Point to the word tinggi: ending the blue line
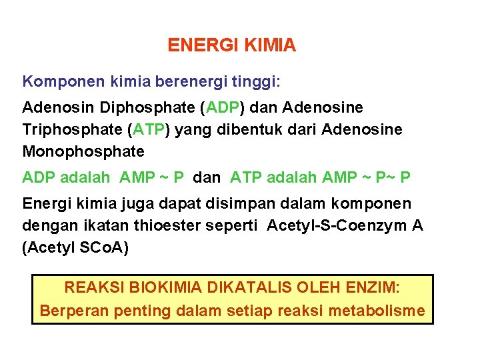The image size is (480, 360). point(255,83)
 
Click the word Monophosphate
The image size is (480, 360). point(83,151)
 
